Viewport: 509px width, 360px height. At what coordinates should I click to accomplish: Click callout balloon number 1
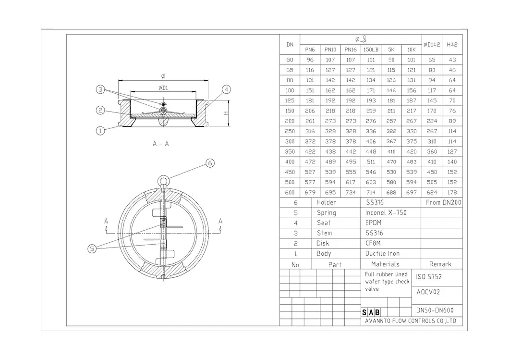pyautogui.click(x=100, y=130)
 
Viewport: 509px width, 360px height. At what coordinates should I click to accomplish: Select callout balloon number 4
pyautogui.click(x=226, y=89)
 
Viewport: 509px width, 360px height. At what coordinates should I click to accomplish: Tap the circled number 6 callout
pyautogui.click(x=210, y=163)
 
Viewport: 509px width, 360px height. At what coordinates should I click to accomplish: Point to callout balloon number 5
pyautogui.click(x=93, y=248)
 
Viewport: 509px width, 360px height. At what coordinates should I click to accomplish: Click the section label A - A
pyautogui.click(x=160, y=143)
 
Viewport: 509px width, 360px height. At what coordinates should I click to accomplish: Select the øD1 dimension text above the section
pyautogui.click(x=163, y=87)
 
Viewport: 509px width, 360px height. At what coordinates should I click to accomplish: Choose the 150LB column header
pyautogui.click(x=371, y=50)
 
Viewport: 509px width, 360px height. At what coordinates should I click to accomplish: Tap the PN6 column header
pyautogui.click(x=310, y=50)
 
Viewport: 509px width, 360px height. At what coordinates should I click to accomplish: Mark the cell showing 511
pyautogui.click(x=371, y=162)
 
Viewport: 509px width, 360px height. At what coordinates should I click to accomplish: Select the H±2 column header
pyautogui.click(x=451, y=44)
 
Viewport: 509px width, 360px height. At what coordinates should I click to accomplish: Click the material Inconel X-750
pyautogui.click(x=386, y=212)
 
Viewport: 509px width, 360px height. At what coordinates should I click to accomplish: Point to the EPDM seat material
pyautogui.click(x=373, y=223)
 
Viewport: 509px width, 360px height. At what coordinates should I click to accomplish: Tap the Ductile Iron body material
pyautogui.click(x=382, y=253)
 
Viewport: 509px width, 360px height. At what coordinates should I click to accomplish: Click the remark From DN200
pyautogui.click(x=443, y=203)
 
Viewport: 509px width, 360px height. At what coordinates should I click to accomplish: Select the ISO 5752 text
pyautogui.click(x=429, y=277)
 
